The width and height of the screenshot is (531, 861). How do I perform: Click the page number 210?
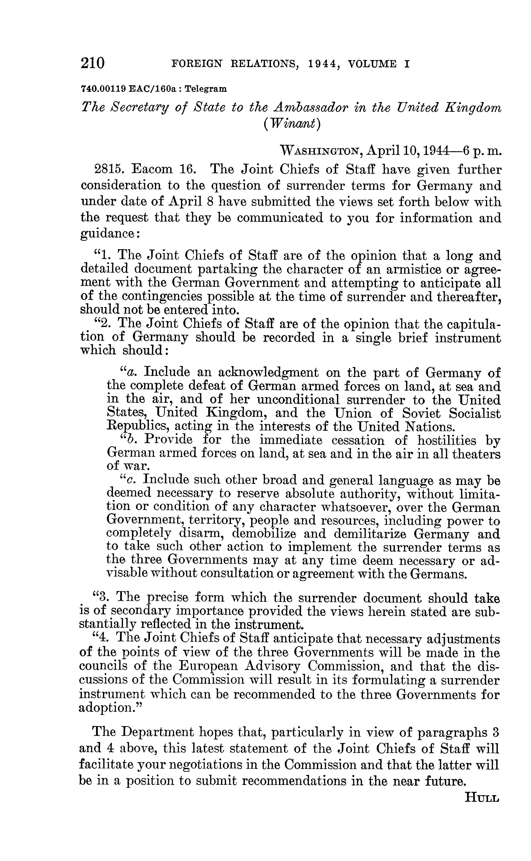click(x=93, y=63)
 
